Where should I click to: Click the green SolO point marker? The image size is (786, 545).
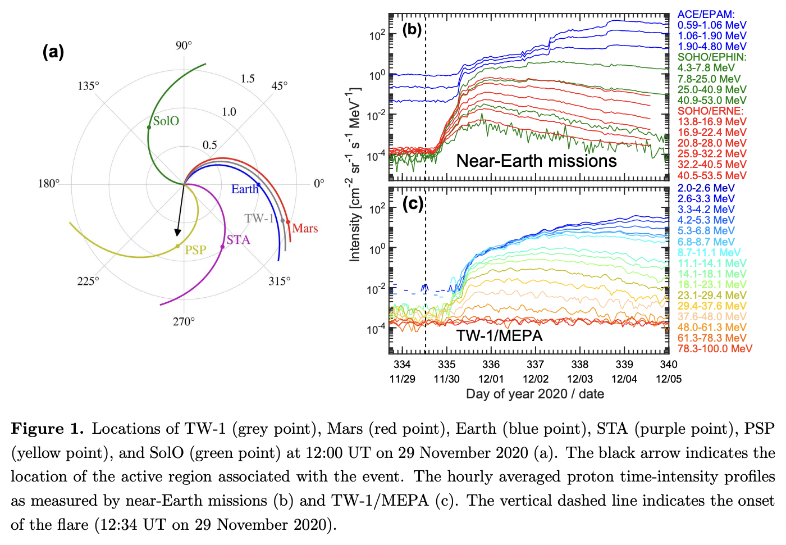point(149,128)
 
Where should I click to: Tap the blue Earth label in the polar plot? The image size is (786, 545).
point(244,189)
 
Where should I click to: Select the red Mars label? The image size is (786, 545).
point(305,228)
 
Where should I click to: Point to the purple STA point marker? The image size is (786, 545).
point(222,247)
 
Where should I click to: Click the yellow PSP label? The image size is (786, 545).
point(195,250)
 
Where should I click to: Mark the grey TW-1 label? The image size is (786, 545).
point(259,219)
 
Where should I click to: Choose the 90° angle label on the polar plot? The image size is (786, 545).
point(184,46)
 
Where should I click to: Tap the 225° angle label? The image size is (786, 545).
point(88,281)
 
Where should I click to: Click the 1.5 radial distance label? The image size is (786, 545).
point(248,79)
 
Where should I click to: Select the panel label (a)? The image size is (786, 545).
point(53,52)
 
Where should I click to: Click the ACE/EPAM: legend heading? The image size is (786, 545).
point(706,15)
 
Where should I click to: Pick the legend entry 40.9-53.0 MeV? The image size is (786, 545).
point(711,101)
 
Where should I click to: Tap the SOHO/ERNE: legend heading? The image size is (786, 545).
point(710,111)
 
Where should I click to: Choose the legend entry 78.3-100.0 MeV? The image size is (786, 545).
point(714,349)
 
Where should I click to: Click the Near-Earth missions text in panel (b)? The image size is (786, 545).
point(536,161)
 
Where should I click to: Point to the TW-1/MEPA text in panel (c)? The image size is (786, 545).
point(499,336)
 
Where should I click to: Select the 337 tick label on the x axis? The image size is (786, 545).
point(535,365)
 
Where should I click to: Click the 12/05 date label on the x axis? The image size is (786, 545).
point(668,379)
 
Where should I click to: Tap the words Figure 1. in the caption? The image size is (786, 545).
point(47,429)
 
